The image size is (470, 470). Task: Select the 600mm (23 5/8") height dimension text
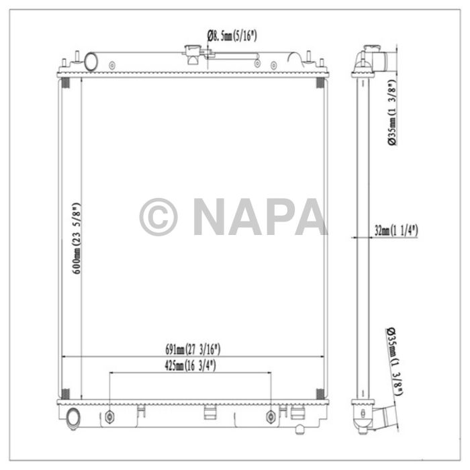pos(77,238)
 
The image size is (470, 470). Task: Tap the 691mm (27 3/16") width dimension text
pos(193,349)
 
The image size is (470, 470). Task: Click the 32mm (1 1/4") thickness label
pos(396,230)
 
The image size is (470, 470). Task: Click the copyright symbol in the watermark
pos(158,217)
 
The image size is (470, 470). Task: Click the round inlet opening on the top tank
pos(90,62)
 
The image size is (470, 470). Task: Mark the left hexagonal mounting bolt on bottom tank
pos(110,417)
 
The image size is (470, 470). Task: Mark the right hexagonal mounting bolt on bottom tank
pos(271,417)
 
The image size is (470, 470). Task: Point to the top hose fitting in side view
pos(376,57)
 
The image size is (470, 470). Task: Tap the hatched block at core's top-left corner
pos(66,83)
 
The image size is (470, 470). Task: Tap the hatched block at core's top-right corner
pos(320,83)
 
